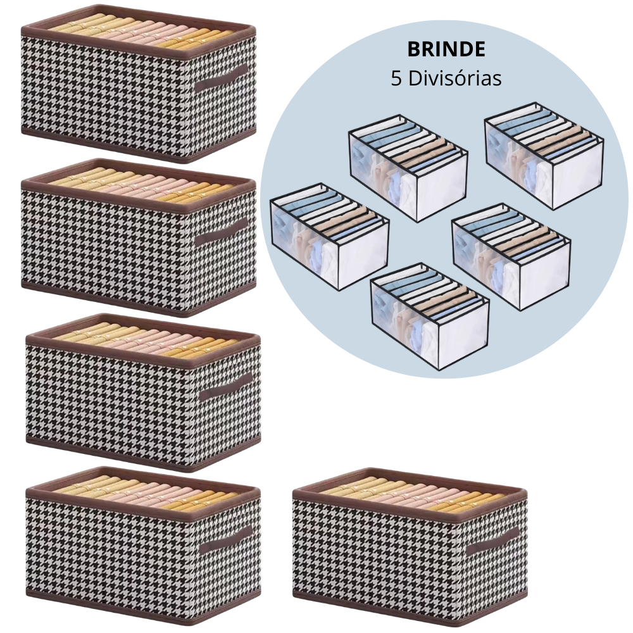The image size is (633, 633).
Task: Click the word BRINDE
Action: pos(446,51)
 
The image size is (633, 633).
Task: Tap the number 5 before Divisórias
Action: pos(396,78)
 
